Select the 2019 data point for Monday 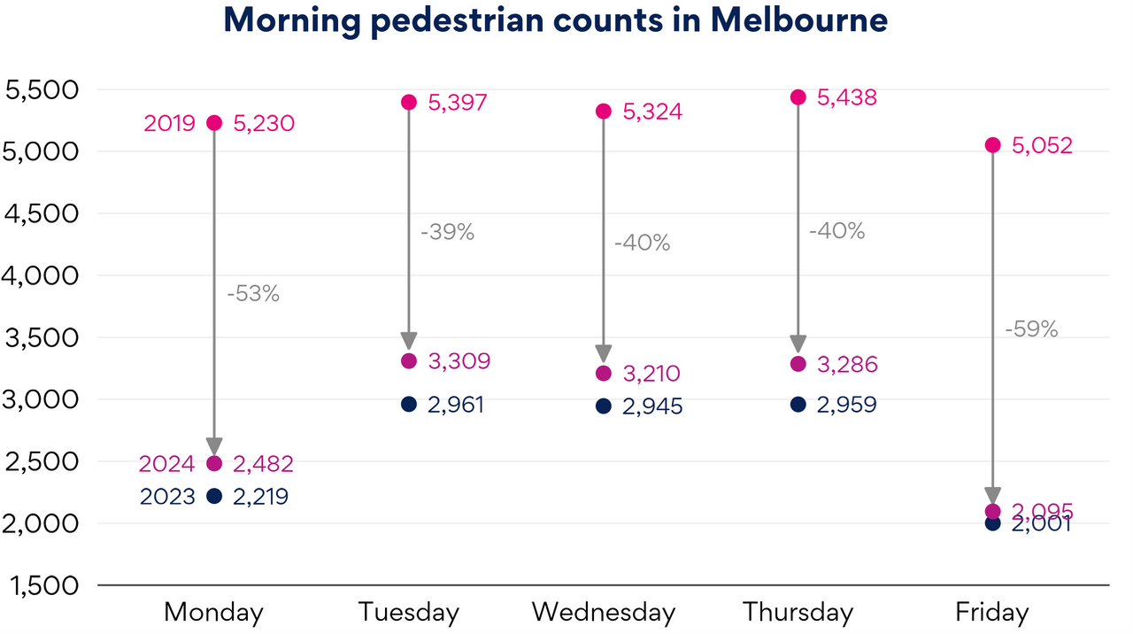point(214,122)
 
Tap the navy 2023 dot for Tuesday point(409,404)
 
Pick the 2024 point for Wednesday point(604,374)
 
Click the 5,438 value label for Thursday point(846,97)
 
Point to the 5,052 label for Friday point(1042,145)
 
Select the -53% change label point(253,294)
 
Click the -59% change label point(1031,329)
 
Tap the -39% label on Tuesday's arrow point(448,233)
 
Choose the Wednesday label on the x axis point(604,612)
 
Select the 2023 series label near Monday point(167,497)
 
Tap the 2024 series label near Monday point(167,463)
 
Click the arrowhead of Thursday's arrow point(798,344)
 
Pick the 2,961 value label point(455,405)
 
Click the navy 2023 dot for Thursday point(798,404)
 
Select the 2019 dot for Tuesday point(409,102)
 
